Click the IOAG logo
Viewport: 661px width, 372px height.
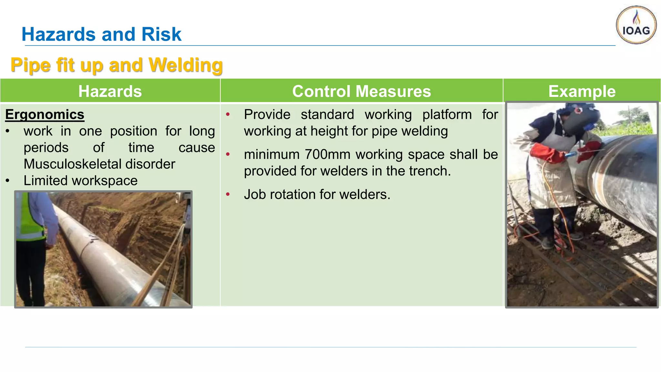(636, 25)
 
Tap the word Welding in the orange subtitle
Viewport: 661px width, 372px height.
(185, 65)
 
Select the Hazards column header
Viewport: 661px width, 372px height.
(110, 91)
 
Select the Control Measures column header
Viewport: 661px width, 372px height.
(361, 91)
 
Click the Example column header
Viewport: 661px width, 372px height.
(582, 91)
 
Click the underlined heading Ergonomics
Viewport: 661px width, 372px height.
(45, 115)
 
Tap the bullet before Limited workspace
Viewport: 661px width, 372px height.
(8, 181)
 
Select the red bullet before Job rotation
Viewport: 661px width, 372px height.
(228, 194)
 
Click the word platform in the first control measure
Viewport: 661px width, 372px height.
(447, 115)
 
